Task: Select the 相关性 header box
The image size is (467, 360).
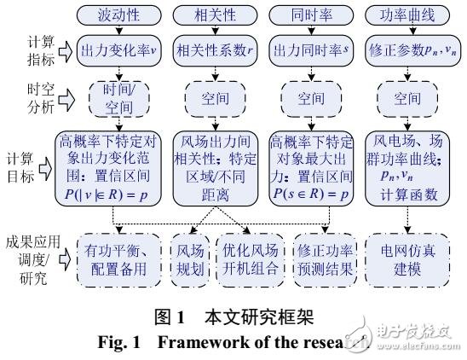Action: [x=212, y=15]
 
